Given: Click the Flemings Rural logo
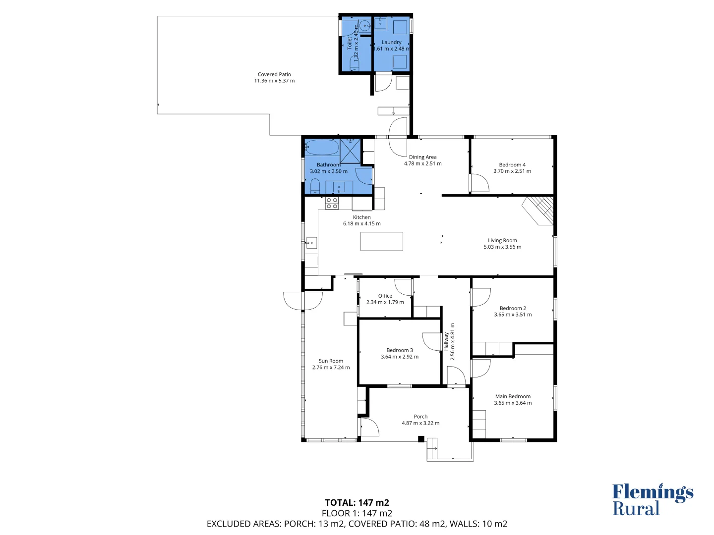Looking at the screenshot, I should tap(652, 500).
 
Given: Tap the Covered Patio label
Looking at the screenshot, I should tap(274, 74).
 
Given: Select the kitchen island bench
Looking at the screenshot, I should tap(381, 241).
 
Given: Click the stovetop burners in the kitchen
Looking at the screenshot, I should tap(332, 203).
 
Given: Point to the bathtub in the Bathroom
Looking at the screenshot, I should tap(322, 148).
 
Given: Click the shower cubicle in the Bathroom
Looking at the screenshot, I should tap(351, 151).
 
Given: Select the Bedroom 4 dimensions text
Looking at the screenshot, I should tap(512, 171).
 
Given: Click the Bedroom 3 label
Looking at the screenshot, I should tap(399, 350).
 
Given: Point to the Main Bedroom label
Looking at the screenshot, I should tap(513, 396).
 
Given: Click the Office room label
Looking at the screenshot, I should tap(385, 296).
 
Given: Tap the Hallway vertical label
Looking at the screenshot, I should tap(446, 341).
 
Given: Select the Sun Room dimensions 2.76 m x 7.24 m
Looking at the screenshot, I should tap(331, 368).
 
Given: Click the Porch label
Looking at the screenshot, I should tap(420, 417).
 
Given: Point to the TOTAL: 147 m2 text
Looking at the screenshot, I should tap(357, 503).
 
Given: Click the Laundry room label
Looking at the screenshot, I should tap(391, 42).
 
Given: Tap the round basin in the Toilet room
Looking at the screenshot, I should tap(364, 25).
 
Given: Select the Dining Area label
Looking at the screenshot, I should tap(422, 157).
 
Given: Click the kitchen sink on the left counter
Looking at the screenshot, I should tap(311, 243).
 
